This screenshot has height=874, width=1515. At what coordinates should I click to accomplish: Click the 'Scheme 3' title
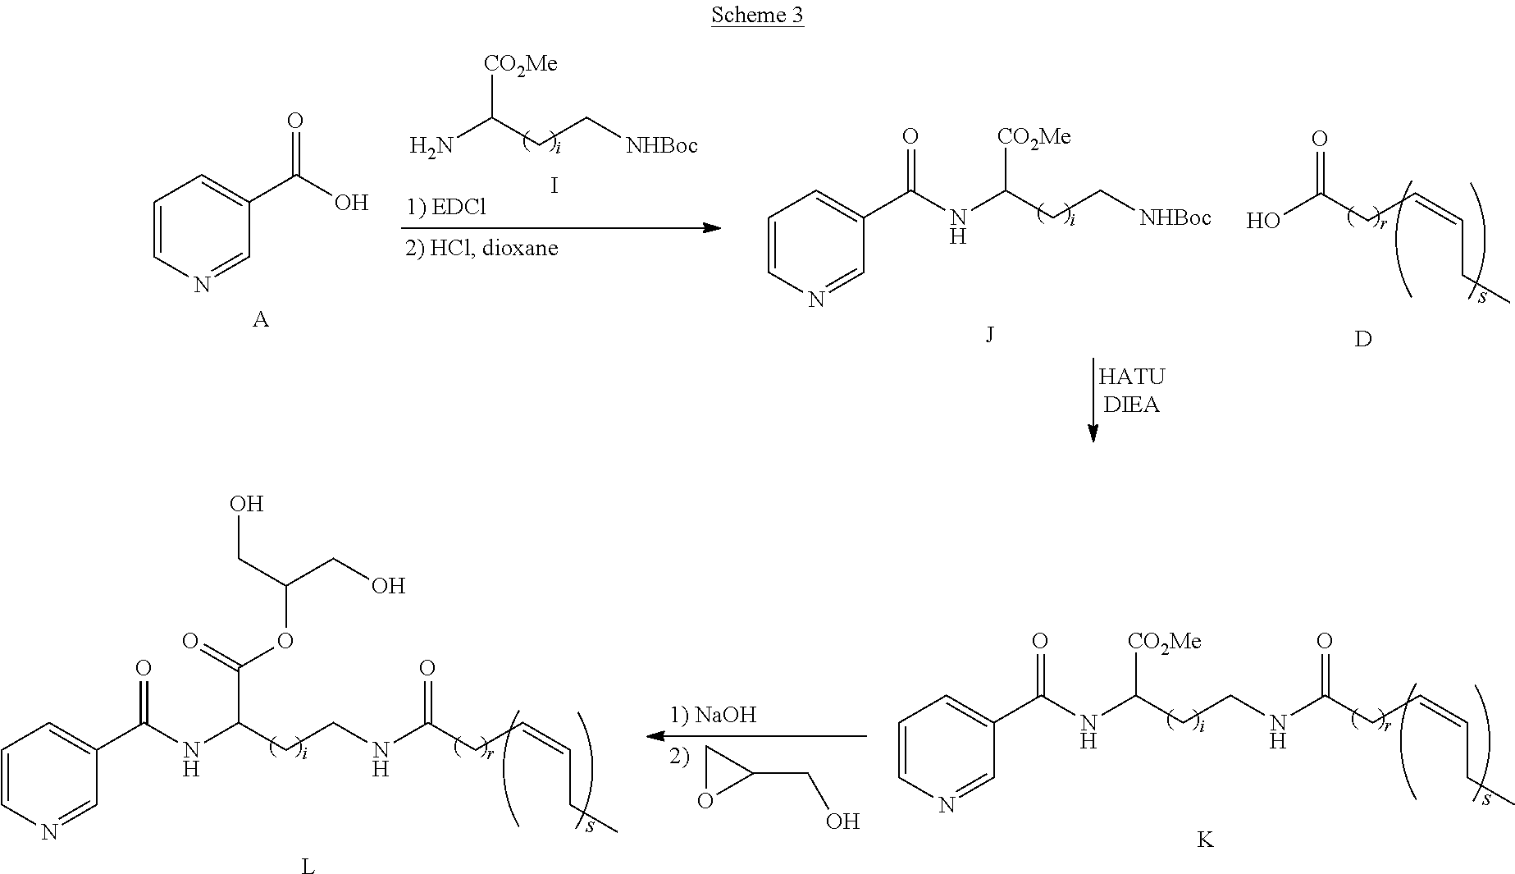[x=756, y=16]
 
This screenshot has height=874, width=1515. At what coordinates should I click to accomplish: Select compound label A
[x=260, y=319]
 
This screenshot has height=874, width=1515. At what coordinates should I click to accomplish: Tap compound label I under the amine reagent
[x=554, y=186]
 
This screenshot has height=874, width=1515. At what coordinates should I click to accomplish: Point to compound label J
[x=989, y=334]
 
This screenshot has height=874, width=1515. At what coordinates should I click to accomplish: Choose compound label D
[x=1362, y=339]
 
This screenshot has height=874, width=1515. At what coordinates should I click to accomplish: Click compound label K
[x=1205, y=840]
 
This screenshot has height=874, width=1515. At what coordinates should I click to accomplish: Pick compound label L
[x=308, y=865]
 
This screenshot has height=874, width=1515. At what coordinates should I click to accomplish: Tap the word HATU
[x=1131, y=377]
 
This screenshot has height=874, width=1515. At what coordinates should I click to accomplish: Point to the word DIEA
[x=1131, y=405]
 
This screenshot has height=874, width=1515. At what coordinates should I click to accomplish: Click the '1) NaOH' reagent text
[x=713, y=715]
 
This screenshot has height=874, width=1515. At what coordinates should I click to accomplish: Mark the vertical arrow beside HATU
[x=1093, y=400]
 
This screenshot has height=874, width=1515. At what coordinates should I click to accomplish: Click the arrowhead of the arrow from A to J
[x=712, y=227]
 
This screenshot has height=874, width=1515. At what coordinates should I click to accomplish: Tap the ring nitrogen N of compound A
[x=202, y=286]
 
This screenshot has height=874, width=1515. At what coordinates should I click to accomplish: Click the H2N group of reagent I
[x=431, y=147]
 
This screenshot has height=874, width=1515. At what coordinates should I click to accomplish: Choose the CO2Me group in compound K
[x=1164, y=641]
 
